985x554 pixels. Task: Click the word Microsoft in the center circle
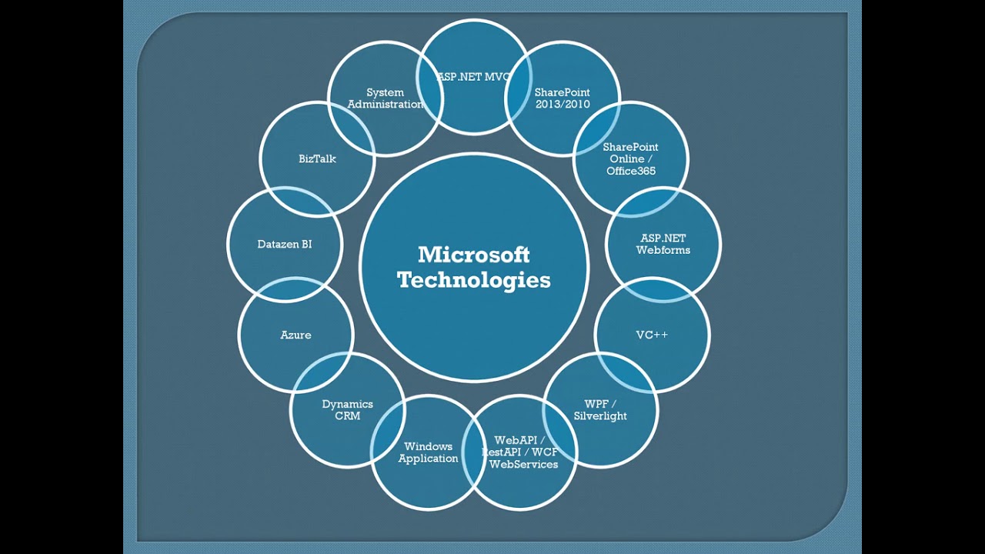(474, 255)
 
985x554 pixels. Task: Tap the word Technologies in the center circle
(474, 279)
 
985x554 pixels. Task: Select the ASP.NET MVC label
(472, 77)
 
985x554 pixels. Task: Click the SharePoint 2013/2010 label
(563, 98)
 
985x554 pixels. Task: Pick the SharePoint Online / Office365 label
(630, 159)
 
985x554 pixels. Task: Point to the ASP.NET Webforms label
(663, 244)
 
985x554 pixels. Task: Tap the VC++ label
(652, 335)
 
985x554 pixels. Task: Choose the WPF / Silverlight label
(600, 410)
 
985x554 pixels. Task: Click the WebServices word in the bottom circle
(523, 464)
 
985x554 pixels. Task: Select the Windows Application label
(428, 452)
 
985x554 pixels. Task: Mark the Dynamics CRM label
(347, 410)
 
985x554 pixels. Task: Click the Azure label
(295, 335)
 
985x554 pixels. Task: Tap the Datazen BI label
(285, 244)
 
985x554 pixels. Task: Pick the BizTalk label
(317, 159)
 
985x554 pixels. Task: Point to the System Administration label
(385, 98)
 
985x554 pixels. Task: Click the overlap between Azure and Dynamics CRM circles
(323, 373)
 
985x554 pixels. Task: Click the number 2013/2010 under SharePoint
(563, 105)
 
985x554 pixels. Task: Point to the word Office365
(630, 171)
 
